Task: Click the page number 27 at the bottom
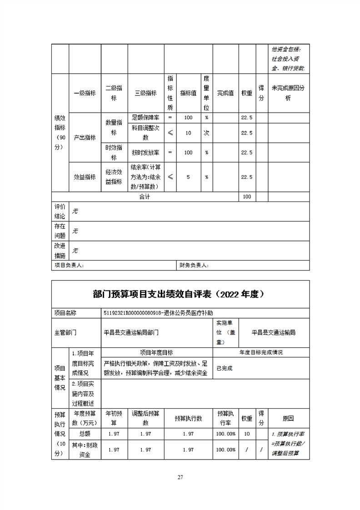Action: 180,477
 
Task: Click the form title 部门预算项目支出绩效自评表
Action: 180,294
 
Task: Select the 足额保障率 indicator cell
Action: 146,117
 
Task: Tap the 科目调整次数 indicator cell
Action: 146,133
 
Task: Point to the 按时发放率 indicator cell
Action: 146,153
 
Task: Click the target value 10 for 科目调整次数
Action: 188,133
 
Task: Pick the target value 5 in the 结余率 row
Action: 188,177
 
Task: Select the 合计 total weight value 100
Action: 247,197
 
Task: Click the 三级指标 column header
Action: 146,93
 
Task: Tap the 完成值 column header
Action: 225,93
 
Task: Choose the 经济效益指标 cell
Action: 114,177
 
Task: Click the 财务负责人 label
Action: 194,265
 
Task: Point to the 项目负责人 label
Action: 69,265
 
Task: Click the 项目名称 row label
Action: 65,313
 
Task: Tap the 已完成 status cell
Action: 225,368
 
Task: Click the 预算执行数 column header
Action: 188,418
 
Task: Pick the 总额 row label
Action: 85,434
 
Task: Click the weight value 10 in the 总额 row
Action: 247,434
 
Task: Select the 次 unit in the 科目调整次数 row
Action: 206,133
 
